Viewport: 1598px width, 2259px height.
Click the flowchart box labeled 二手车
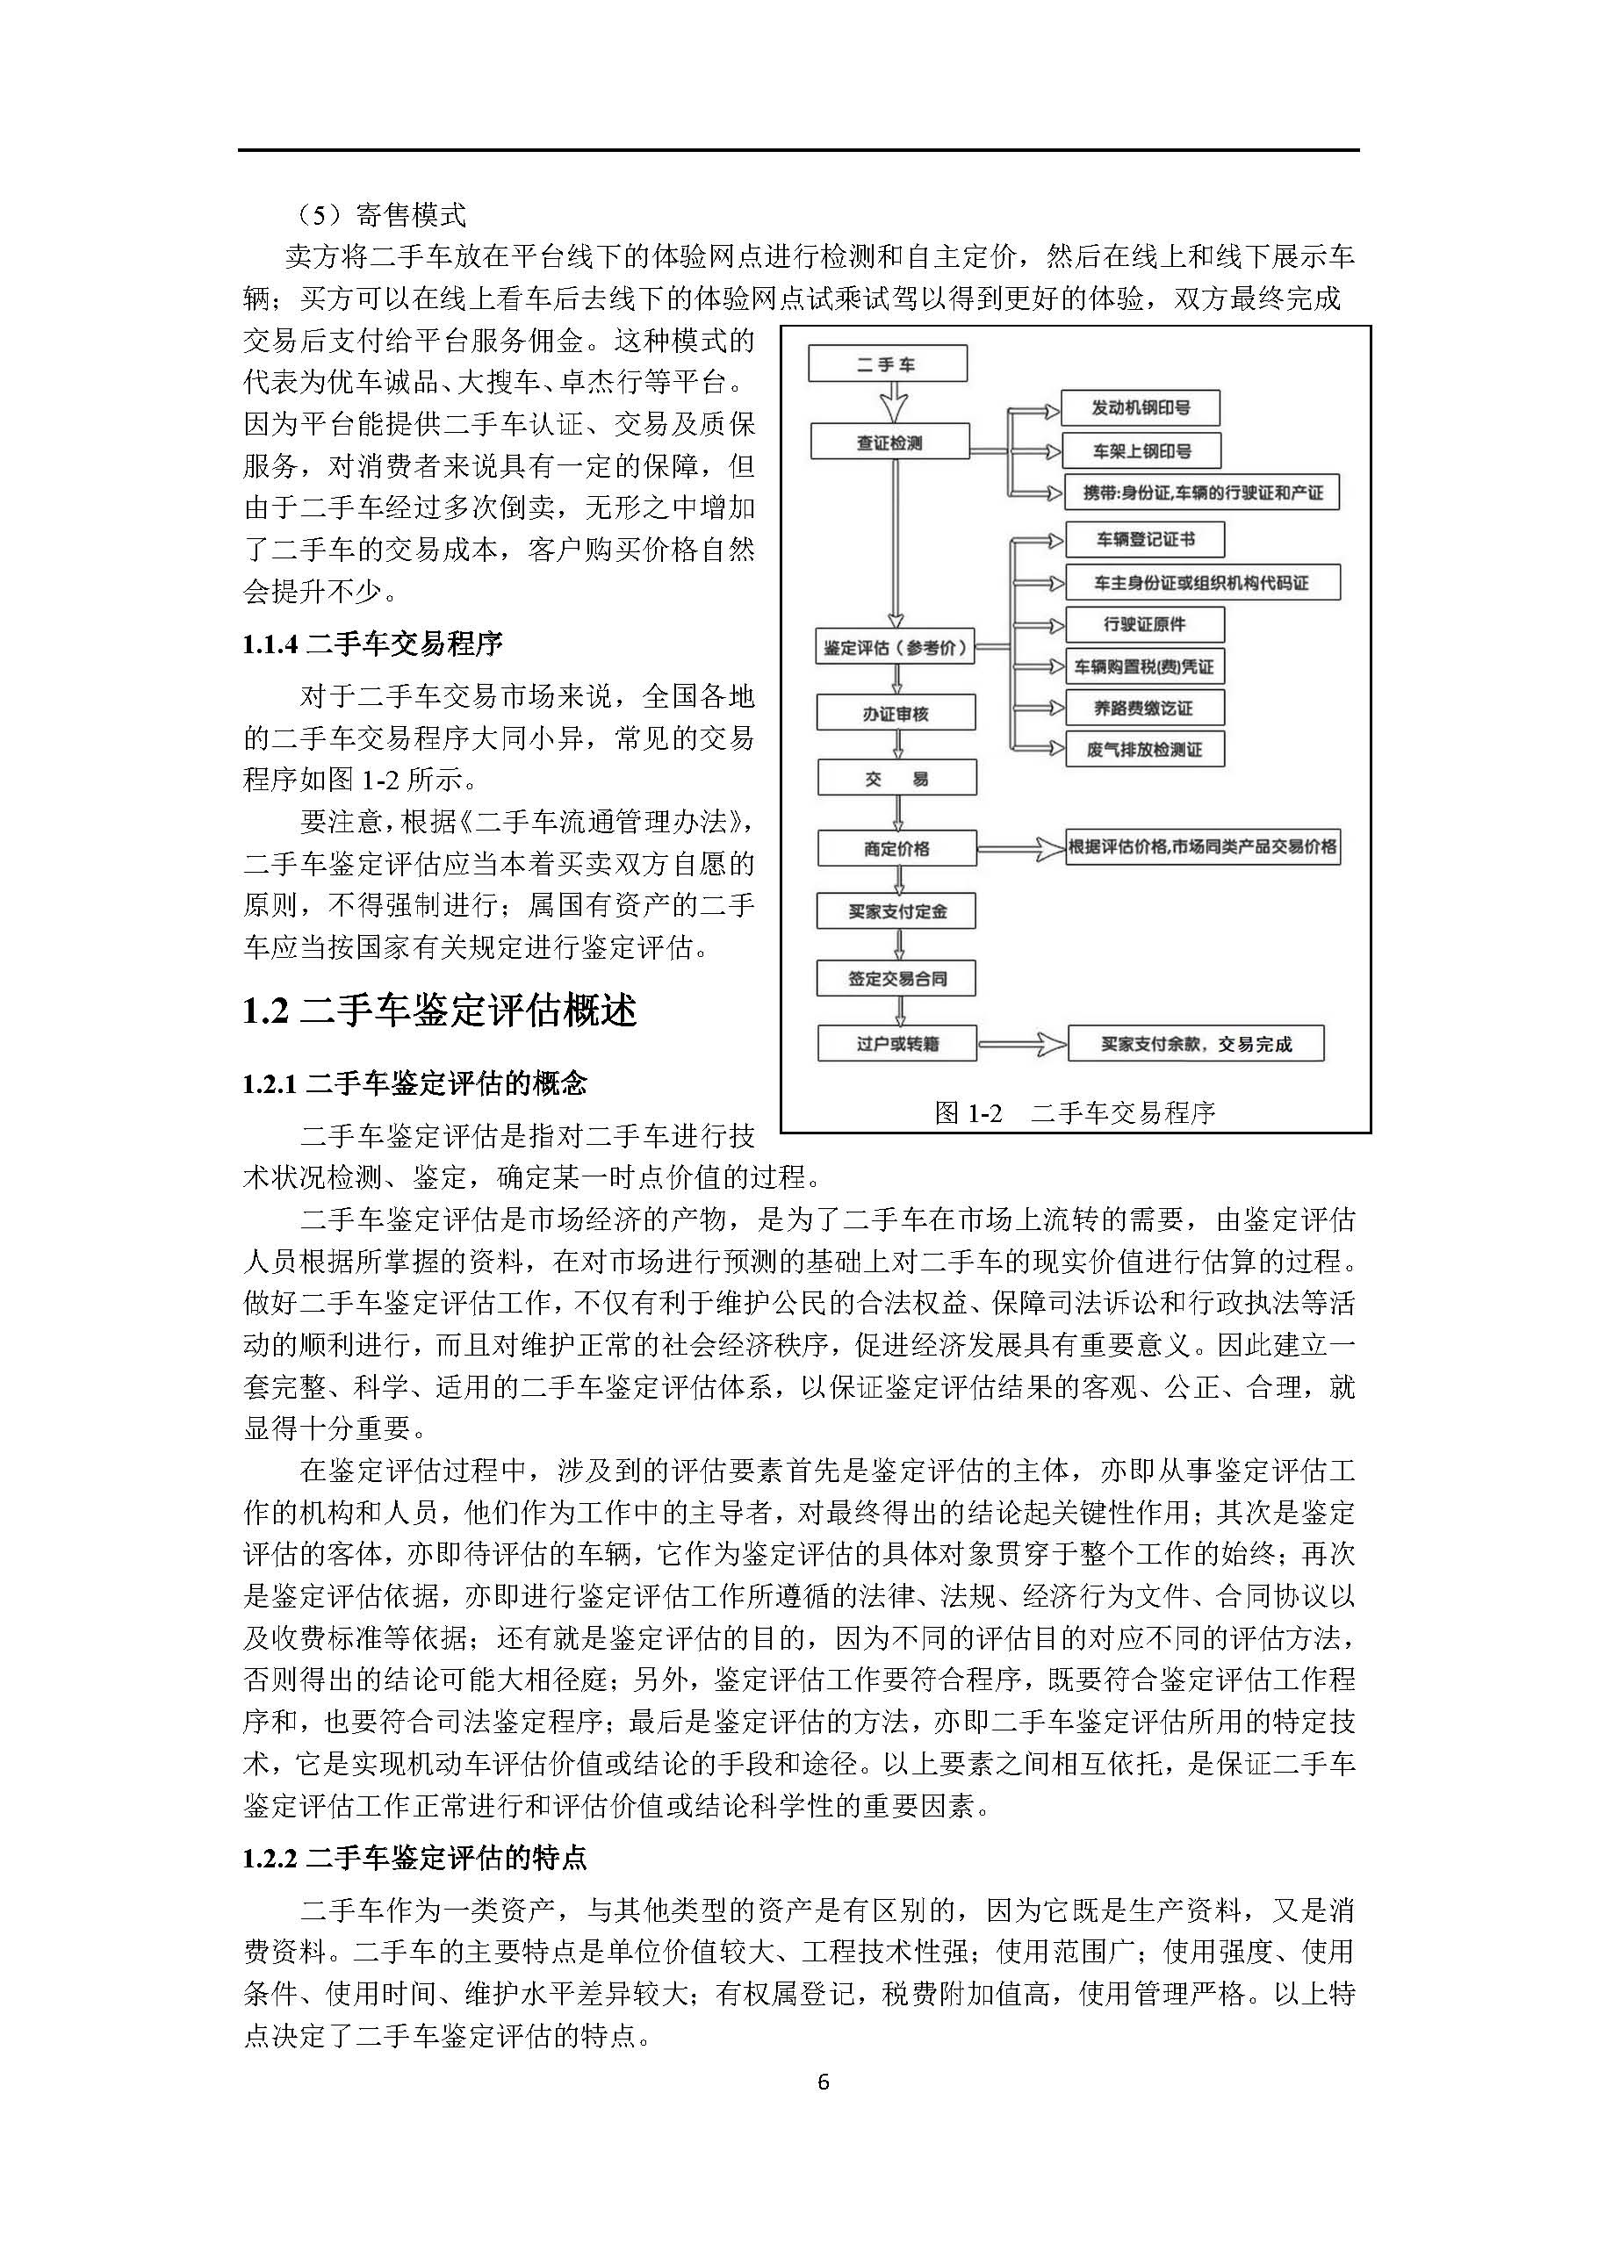click(x=887, y=364)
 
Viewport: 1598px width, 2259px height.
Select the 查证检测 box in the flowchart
click(x=889, y=442)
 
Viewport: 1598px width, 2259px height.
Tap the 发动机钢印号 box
click(x=1141, y=408)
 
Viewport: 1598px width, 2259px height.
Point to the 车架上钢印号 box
click(x=1141, y=450)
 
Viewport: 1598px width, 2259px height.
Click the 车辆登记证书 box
click(x=1145, y=539)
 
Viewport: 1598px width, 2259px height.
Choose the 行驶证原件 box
click(x=1144, y=623)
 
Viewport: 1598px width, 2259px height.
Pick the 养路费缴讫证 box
click(x=1144, y=708)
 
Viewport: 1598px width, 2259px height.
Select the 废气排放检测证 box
click(x=1144, y=750)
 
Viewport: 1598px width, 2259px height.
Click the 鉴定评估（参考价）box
click(x=895, y=647)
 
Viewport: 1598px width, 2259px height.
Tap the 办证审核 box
click(x=896, y=713)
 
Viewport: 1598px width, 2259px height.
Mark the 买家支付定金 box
click(x=896, y=911)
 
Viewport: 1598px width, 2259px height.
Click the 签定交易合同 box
click(x=896, y=979)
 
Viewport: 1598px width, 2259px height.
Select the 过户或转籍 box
click(x=896, y=1044)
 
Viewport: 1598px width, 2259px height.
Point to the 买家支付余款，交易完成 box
click(x=1196, y=1044)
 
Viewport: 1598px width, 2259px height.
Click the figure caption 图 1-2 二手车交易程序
click(x=1075, y=1112)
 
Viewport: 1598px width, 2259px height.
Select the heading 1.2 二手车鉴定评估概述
click(x=440, y=1011)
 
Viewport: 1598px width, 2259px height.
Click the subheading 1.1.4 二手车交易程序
click(x=373, y=644)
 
